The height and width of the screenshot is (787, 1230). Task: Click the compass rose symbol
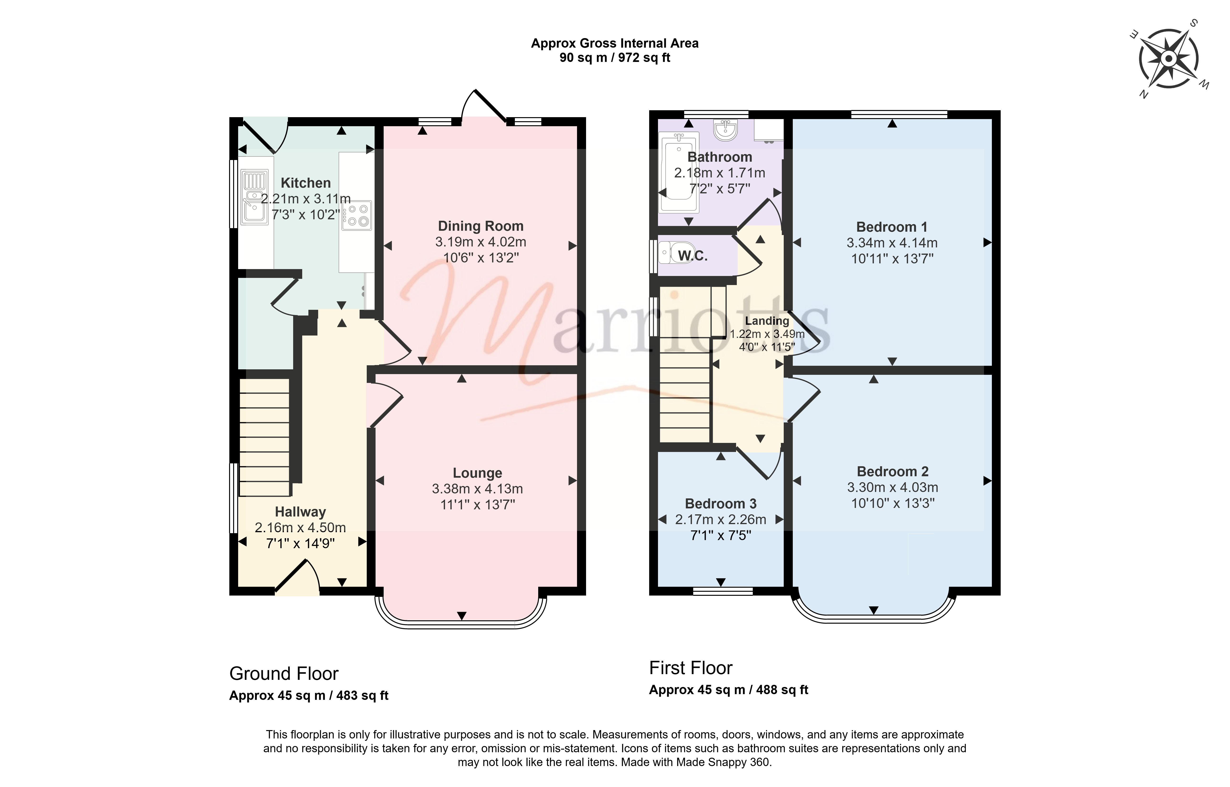(x=1169, y=59)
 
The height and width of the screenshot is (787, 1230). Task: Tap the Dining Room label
(x=480, y=226)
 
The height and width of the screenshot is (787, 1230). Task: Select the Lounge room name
(x=477, y=473)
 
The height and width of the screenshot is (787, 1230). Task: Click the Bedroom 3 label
(x=721, y=503)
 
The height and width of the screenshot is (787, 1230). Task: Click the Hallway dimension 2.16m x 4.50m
(x=301, y=527)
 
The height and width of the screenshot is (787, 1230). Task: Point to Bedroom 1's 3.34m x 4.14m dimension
(x=892, y=243)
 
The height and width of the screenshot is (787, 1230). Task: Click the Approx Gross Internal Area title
(x=615, y=43)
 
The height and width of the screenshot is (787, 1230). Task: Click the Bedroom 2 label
(x=892, y=471)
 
